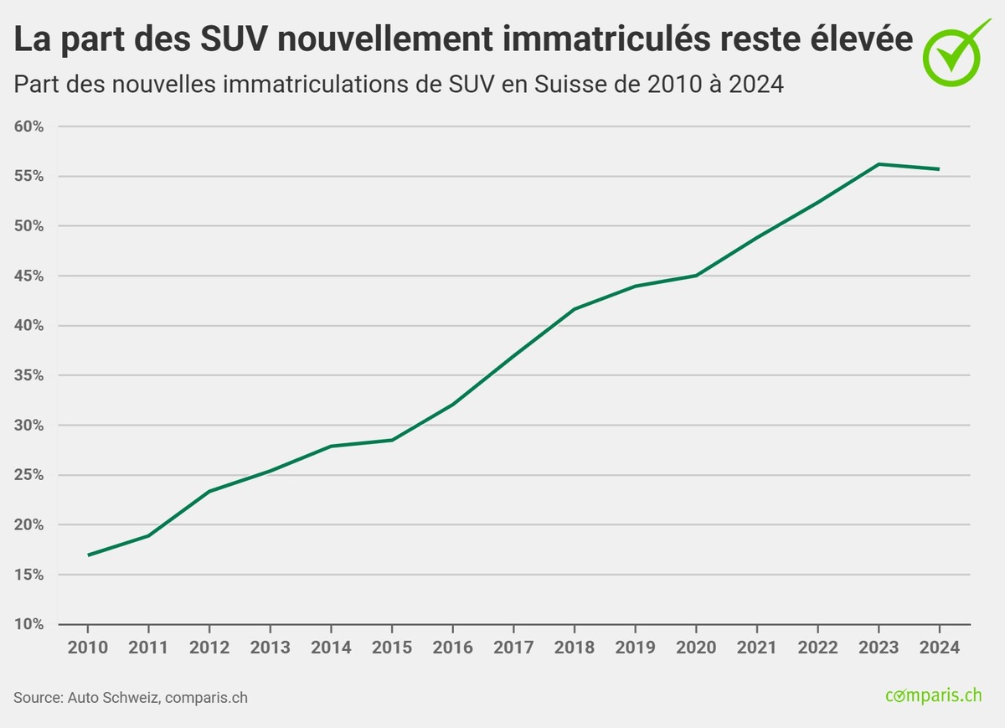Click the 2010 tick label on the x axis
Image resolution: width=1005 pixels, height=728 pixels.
tap(87, 648)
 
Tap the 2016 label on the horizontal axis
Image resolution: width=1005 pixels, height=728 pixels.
tap(452, 648)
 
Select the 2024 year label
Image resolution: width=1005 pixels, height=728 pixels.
tap(939, 648)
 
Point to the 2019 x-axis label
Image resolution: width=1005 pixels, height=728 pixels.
tap(635, 648)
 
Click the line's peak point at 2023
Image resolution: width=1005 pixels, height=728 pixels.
tap(879, 164)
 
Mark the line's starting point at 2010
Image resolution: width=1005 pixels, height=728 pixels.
tap(88, 555)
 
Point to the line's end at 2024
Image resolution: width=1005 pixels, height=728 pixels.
tap(939, 169)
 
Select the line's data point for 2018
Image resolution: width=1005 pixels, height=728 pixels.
tap(575, 309)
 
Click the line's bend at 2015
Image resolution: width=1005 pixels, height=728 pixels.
tap(392, 440)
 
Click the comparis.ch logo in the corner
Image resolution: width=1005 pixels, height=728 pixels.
tap(933, 695)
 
